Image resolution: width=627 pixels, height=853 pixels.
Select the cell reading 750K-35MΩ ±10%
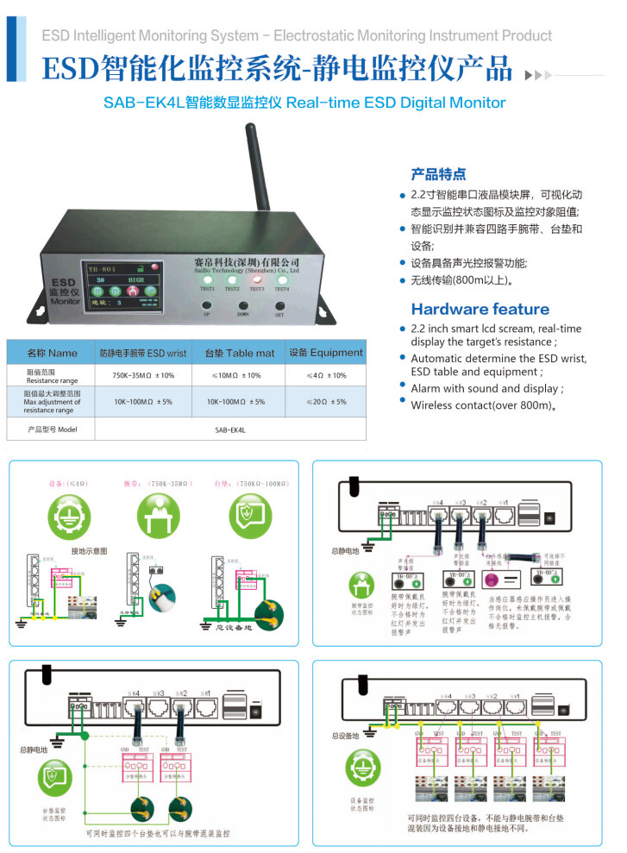143,376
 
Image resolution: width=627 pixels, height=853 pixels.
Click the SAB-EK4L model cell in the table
229,429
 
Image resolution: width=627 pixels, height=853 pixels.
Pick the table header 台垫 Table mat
239,353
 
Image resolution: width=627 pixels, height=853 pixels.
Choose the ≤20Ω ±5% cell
326,402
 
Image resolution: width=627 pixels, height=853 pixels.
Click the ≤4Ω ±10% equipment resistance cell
326,376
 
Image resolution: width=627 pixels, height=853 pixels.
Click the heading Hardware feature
480,309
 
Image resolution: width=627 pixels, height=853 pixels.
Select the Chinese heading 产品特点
438,172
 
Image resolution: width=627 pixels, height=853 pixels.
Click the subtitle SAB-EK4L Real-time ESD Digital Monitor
304,103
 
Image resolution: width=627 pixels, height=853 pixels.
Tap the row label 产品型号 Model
53,429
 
